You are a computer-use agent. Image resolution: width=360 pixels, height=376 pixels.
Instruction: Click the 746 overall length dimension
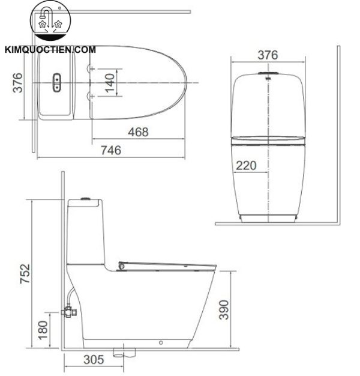[109, 150]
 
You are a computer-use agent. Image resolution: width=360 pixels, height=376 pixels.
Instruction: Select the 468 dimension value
[137, 132]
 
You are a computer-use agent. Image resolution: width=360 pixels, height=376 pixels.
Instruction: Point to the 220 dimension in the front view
[246, 165]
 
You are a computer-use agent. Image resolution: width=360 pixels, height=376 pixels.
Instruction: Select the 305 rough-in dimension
[92, 360]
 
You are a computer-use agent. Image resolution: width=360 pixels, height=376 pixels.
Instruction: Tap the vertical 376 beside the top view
[17, 83]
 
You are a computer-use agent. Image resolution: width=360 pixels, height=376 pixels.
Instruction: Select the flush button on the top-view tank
[58, 82]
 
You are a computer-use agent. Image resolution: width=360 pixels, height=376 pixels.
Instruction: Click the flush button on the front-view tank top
[268, 74]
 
